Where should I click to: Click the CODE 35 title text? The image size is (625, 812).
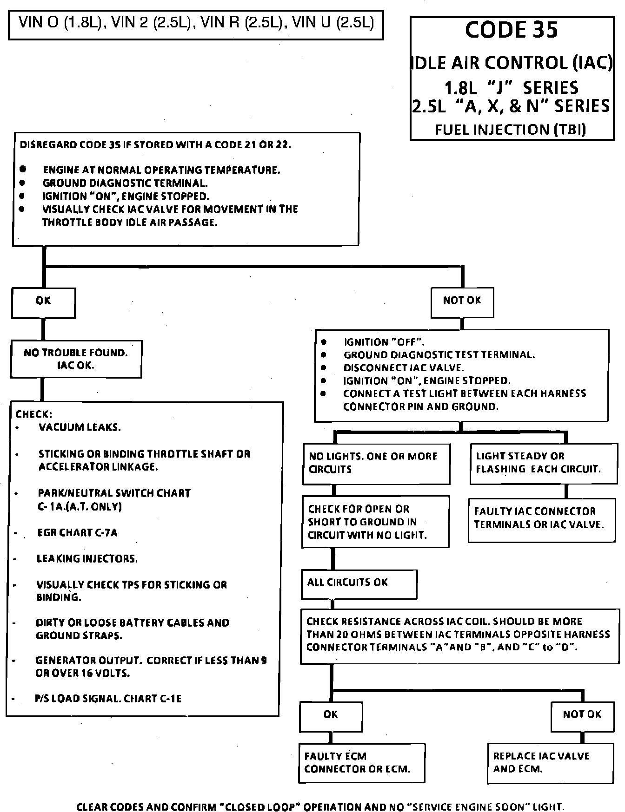(x=511, y=30)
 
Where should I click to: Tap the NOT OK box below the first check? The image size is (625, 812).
(x=462, y=301)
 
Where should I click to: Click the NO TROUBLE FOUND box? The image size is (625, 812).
(x=76, y=359)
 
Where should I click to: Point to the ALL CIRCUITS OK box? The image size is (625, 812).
(x=359, y=583)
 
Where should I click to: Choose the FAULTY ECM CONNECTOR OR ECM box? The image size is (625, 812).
(x=362, y=763)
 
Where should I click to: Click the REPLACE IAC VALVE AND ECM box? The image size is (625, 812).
(x=550, y=763)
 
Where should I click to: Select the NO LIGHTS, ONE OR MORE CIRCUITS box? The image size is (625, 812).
(x=376, y=463)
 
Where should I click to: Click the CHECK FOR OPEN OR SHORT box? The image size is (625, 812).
(x=376, y=522)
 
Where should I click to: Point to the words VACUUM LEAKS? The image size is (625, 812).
(x=80, y=427)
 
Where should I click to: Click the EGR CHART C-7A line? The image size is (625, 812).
(x=77, y=533)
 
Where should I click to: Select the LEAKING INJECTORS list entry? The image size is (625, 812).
(x=87, y=559)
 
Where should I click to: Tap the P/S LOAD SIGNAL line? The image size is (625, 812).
(x=108, y=699)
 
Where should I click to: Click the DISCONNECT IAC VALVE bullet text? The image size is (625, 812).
(x=404, y=368)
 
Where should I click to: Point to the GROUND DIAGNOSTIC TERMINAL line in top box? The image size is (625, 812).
(x=125, y=183)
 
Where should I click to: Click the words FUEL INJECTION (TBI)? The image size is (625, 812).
(x=510, y=130)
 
